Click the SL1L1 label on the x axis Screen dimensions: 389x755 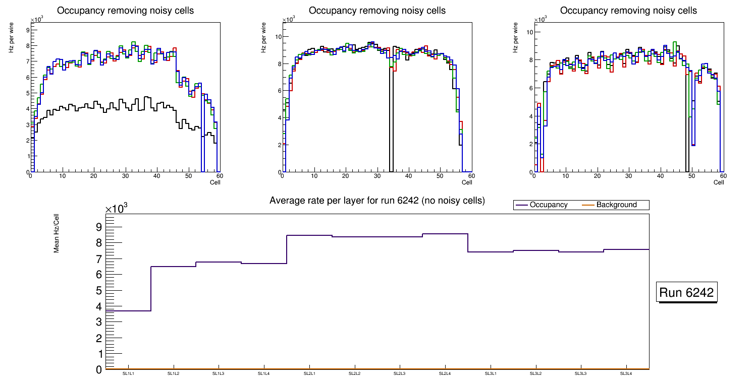coord(128,374)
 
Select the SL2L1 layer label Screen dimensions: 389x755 coord(309,374)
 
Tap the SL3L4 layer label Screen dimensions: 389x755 coord(626,374)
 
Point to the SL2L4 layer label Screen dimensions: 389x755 coord(445,374)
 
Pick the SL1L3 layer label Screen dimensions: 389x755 coord(219,374)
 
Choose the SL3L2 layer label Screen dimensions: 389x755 coord(536,374)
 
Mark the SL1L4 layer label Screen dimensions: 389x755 coord(264,374)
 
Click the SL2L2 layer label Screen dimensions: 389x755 coord(355,374)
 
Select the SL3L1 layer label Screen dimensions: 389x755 coord(491,374)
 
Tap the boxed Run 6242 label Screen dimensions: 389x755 coord(686,293)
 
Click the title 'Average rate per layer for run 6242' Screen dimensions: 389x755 coord(377,201)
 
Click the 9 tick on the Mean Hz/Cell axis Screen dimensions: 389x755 coord(99,227)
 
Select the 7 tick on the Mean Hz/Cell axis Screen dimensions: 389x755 coord(99,259)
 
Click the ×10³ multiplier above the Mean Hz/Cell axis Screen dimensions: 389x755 coord(117,209)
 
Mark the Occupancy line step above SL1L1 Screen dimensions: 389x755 coord(128,311)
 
